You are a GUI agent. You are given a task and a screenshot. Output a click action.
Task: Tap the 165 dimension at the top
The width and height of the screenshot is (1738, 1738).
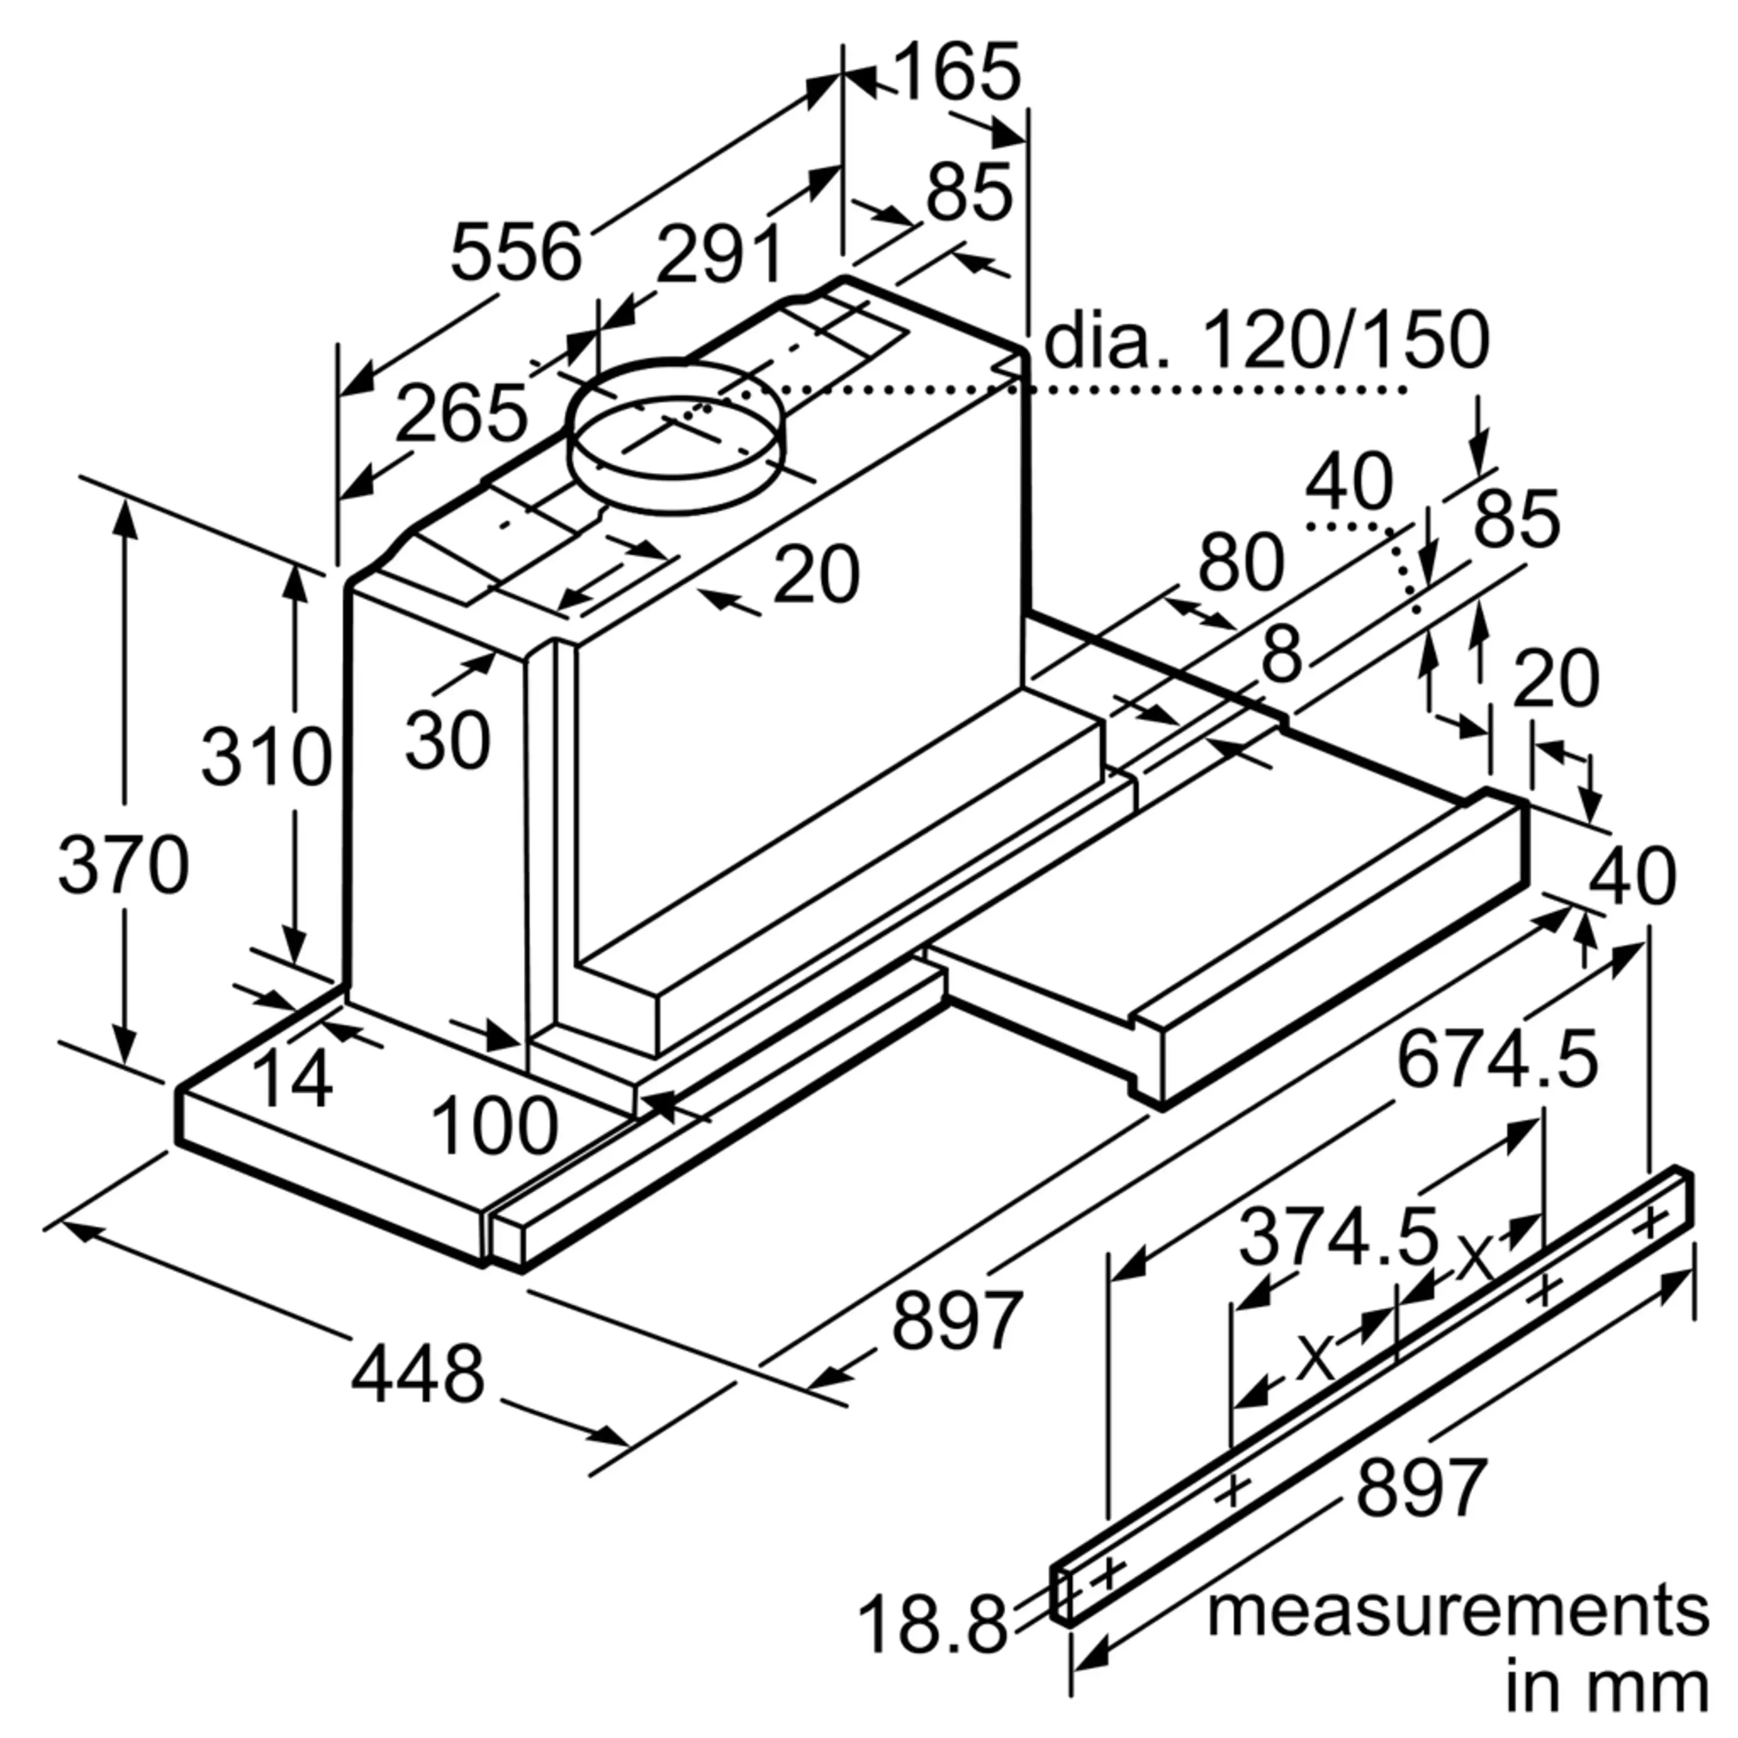pyautogui.click(x=957, y=72)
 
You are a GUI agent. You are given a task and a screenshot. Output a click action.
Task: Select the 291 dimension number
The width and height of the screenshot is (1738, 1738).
pyautogui.click(x=719, y=254)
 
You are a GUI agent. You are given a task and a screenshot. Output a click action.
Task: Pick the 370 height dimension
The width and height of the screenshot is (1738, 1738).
pyautogui.click(x=123, y=864)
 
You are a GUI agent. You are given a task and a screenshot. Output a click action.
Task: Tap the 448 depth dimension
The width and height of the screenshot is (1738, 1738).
pyautogui.click(x=417, y=1375)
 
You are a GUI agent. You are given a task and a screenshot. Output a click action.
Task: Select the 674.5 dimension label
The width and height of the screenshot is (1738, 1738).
pyautogui.click(x=1497, y=1058)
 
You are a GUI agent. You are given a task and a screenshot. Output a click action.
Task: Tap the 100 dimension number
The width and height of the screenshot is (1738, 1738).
pyautogui.click(x=495, y=1126)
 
